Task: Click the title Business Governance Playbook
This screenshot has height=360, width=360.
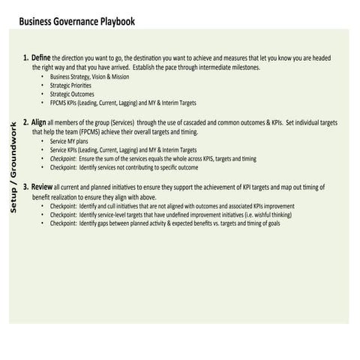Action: (77, 22)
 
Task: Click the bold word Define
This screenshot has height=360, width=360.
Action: (42, 58)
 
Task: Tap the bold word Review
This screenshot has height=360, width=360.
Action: (42, 186)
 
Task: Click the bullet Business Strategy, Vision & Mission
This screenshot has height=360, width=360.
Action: (89, 77)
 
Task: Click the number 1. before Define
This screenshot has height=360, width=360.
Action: (26, 58)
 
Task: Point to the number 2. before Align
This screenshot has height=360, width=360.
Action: (26, 121)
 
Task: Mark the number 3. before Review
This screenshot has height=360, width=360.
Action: (26, 186)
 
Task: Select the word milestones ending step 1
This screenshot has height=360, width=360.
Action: (244, 67)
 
